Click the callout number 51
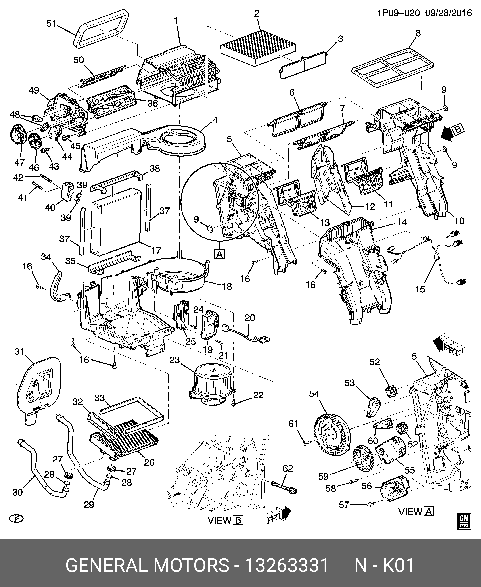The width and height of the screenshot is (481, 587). click(x=51, y=24)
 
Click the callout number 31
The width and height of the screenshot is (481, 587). click(x=20, y=351)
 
